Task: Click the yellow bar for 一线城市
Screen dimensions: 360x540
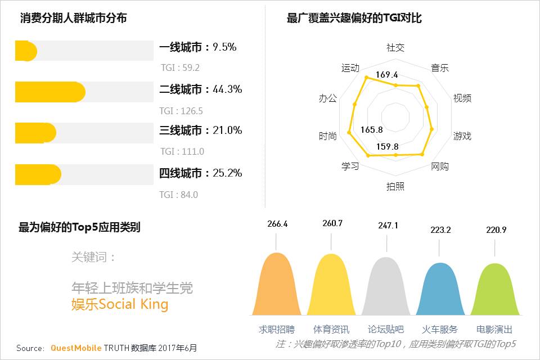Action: pos(26,51)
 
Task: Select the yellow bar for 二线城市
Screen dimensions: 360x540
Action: pos(49,92)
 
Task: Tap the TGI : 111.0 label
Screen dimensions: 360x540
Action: pos(182,152)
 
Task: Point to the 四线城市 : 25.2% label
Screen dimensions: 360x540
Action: pos(200,173)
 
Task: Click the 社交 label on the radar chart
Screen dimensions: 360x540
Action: pos(395,48)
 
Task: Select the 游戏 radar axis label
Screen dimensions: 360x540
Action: pos(462,136)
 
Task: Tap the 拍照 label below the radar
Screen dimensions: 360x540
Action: pos(395,186)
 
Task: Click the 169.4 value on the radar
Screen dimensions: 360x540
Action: pos(387,75)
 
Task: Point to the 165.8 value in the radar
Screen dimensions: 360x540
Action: pos(372,130)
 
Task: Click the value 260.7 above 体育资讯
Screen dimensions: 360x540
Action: pos(332,224)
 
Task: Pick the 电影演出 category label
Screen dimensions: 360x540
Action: pos(494,330)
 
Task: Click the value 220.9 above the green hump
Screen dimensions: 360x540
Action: pos(496,229)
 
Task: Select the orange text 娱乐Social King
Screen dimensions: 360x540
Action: pos(120,305)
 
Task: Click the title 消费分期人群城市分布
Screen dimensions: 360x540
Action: pos(73,18)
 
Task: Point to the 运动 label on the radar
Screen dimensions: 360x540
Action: pos(350,68)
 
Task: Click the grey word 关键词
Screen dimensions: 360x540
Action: pos(93,257)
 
